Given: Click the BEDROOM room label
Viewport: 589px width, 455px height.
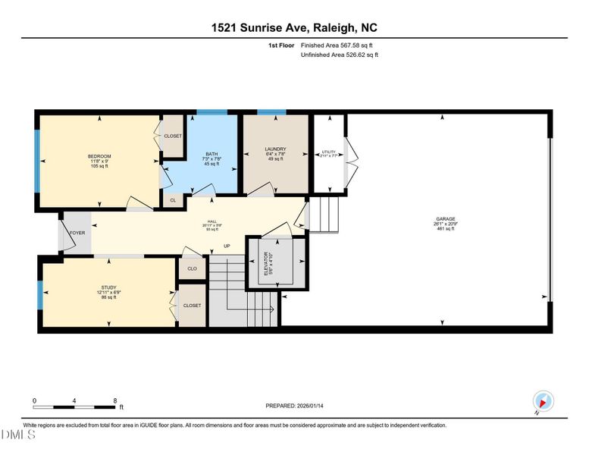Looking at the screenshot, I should pos(99,156).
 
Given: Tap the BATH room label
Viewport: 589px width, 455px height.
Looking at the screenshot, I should pos(211,155).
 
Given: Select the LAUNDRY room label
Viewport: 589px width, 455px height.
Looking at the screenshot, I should pos(274,149).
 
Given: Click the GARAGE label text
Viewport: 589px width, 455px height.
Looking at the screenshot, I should pos(445,218).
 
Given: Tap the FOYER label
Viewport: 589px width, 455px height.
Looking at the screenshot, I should pos(77,234).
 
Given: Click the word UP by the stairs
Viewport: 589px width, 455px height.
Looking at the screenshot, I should pos(226,246).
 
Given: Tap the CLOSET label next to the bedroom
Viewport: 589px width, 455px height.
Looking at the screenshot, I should pos(173,136).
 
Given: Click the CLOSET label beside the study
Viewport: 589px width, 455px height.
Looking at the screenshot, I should pos(192,306).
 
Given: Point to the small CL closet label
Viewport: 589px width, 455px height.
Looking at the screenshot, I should pos(173,200).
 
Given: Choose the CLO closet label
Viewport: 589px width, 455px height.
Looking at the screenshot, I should pos(192,268).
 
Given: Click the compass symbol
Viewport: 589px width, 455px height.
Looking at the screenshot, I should pos(542,401).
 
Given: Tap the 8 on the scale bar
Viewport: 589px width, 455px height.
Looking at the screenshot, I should pos(114,400).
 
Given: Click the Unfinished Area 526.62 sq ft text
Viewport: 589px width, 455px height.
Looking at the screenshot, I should pos(339,55).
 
